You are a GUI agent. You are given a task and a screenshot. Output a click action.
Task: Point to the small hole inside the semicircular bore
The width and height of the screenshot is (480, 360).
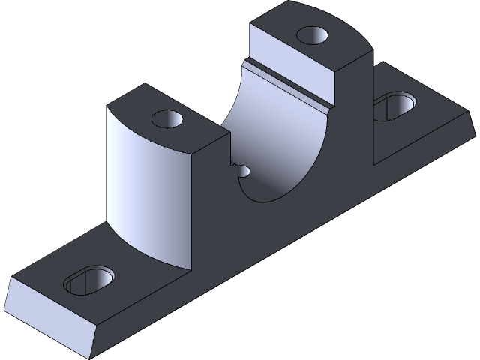244,171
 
